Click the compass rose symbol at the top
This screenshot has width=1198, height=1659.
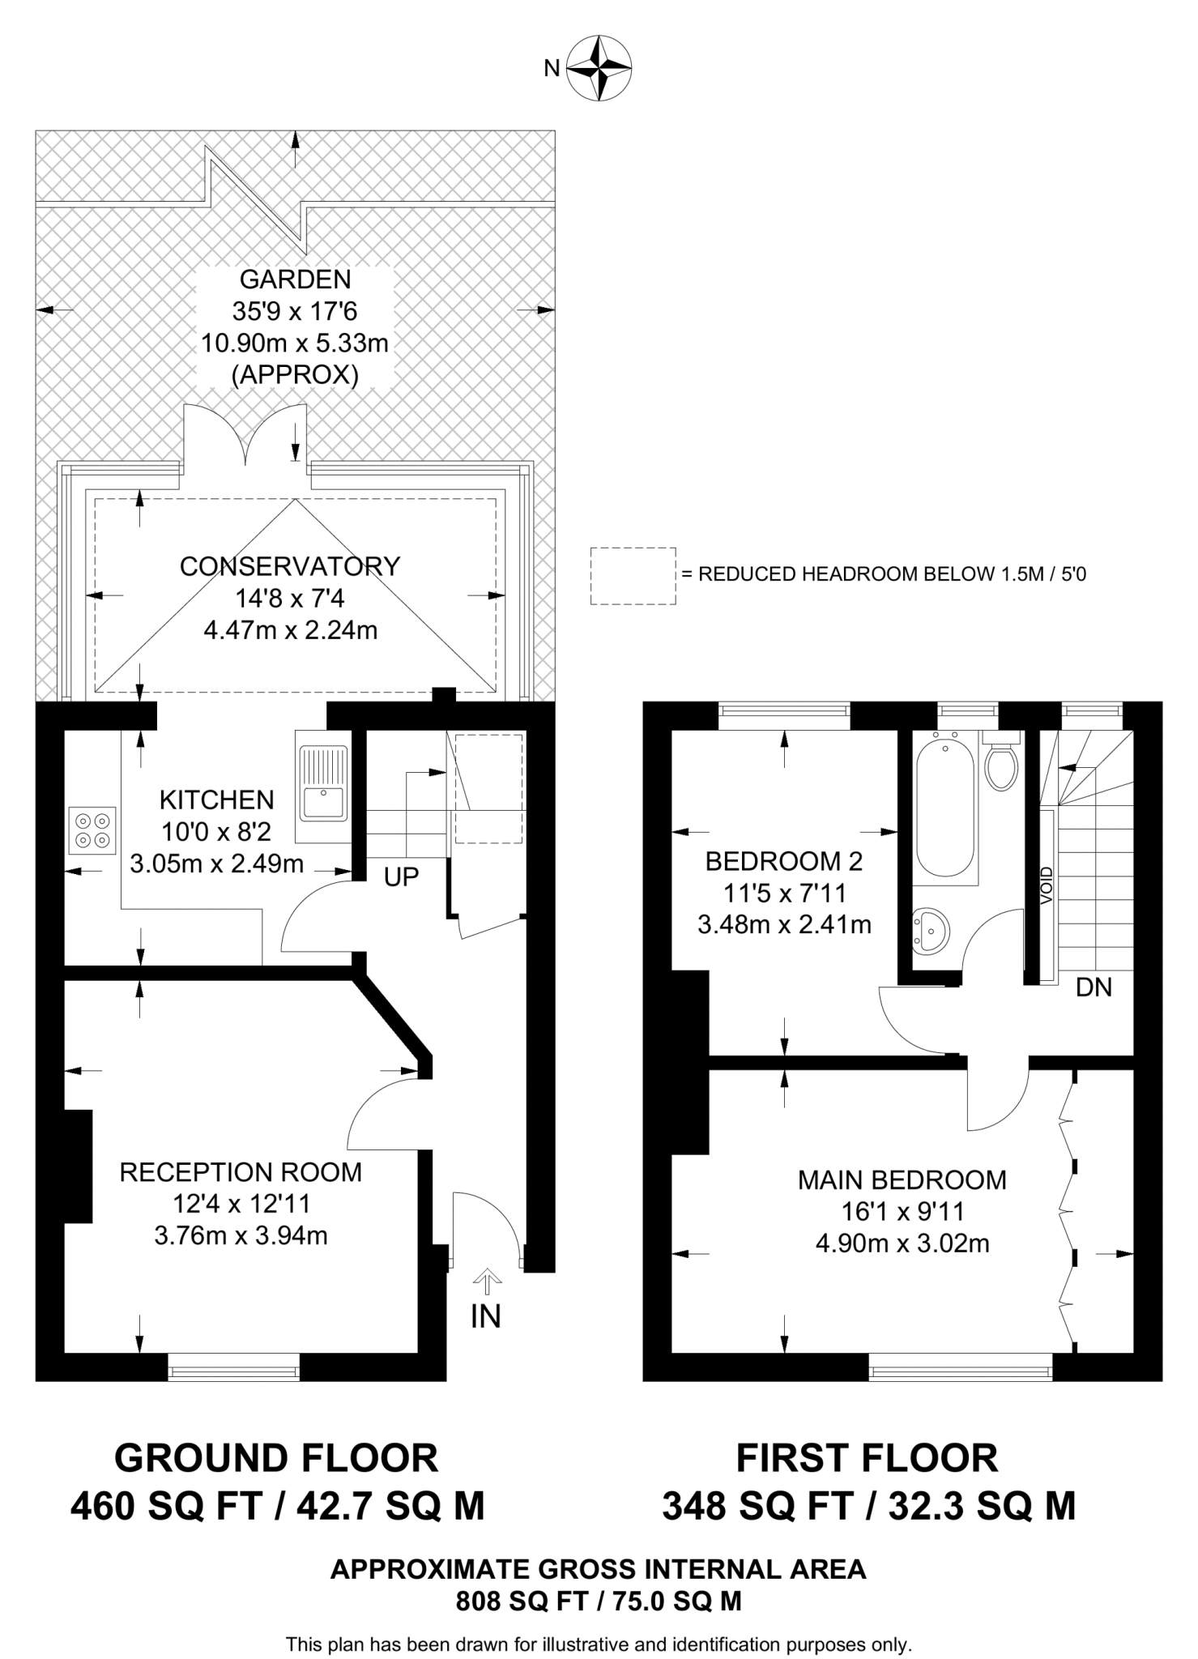[599, 68]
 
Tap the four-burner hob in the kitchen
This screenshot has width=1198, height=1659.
[92, 830]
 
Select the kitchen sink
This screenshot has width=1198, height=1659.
[323, 782]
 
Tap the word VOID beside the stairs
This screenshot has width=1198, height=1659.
[1047, 885]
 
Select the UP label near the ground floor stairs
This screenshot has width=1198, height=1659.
[401, 877]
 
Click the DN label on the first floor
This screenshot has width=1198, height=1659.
[1094, 987]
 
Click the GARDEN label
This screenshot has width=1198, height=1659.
[295, 279]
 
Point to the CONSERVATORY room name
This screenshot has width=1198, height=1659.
[290, 566]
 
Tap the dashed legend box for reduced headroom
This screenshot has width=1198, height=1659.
[633, 575]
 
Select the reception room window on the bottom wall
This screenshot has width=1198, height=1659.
[234, 1371]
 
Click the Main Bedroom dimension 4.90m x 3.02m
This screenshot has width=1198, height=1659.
[902, 1243]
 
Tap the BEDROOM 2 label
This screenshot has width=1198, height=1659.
[783, 861]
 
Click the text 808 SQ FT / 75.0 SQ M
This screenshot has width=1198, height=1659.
[598, 1601]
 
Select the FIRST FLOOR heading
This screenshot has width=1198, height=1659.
[867, 1458]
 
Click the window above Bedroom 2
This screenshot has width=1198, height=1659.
[784, 711]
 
